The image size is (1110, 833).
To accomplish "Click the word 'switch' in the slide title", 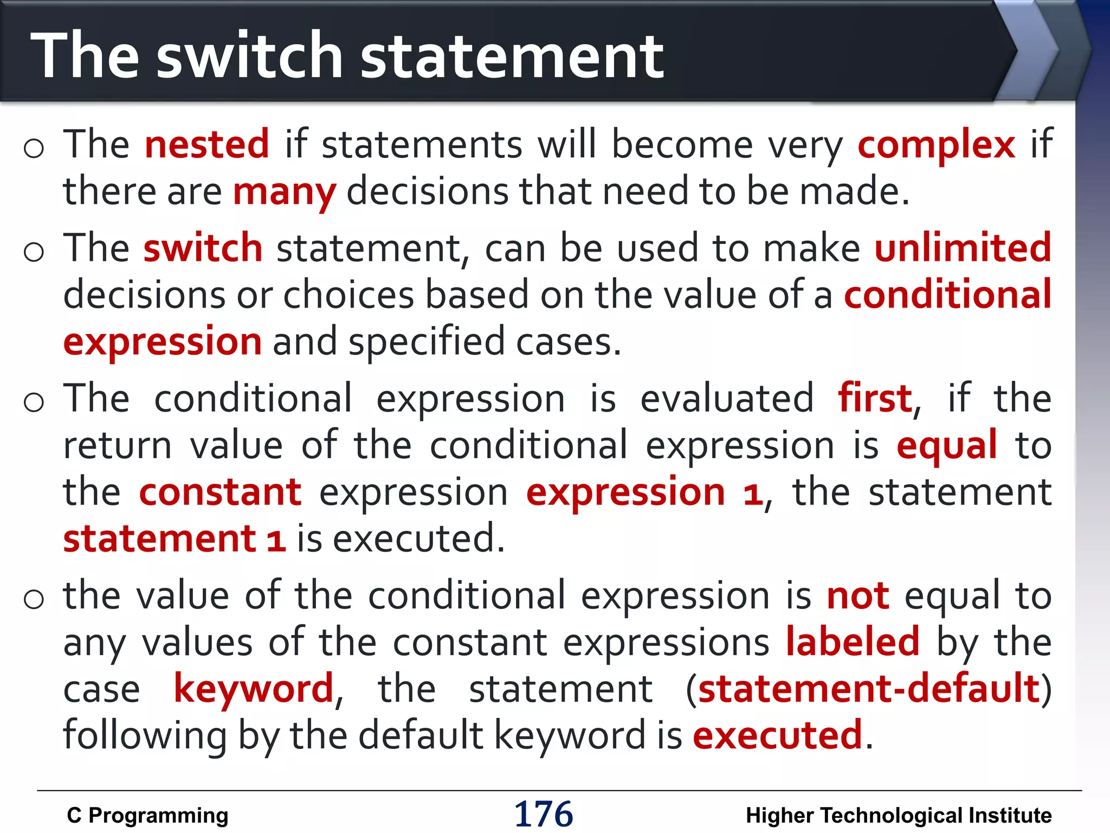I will pyautogui.click(x=249, y=56).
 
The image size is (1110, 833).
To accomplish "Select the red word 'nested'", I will pyautogui.click(x=207, y=145).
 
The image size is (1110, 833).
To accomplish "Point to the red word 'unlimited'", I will pyautogui.click(x=963, y=248).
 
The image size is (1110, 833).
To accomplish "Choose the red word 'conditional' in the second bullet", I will pyautogui.click(x=948, y=294).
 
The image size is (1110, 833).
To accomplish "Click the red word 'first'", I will pyautogui.click(x=875, y=399).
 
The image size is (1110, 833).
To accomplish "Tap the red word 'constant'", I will pyautogui.click(x=220, y=492).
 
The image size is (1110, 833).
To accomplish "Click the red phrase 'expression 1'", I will pyautogui.click(x=644, y=492).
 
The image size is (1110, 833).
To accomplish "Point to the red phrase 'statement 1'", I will pyautogui.click(x=174, y=539).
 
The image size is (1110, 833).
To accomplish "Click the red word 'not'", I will pyautogui.click(x=858, y=596).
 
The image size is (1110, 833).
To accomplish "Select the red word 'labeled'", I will pyautogui.click(x=853, y=643).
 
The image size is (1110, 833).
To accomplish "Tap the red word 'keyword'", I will pyautogui.click(x=253, y=689).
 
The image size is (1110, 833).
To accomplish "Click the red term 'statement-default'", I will pyautogui.click(x=869, y=689).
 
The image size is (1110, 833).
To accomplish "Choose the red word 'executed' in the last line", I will pyautogui.click(x=777, y=736).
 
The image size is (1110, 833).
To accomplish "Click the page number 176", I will pyautogui.click(x=543, y=814).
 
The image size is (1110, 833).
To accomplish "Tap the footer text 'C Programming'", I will pyautogui.click(x=147, y=816).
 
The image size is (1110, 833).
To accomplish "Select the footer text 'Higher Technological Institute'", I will pyautogui.click(x=899, y=816).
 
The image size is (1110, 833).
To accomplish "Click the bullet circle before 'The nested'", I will pyautogui.click(x=34, y=148).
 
